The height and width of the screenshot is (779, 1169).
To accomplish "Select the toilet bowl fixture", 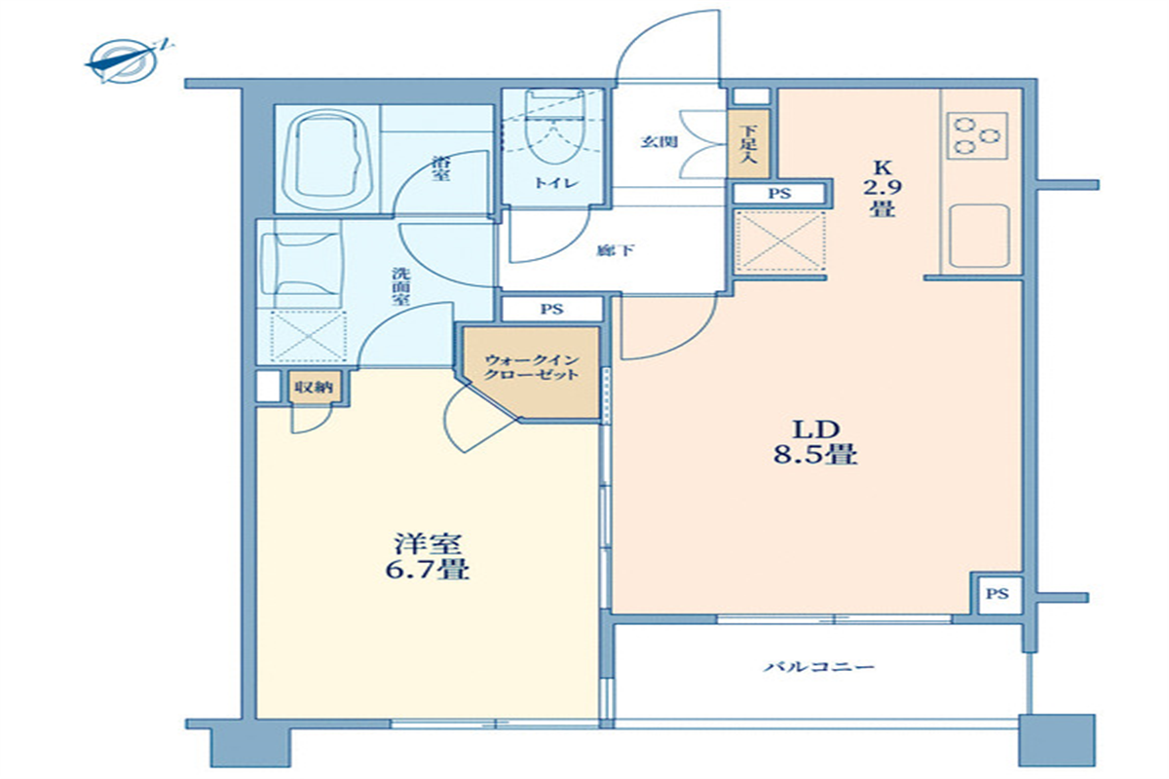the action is click(x=554, y=127).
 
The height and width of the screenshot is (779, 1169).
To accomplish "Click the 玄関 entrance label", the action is click(x=660, y=141).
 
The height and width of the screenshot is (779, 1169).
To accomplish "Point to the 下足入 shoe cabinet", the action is click(x=749, y=143).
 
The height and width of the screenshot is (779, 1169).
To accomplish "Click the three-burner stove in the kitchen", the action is click(x=977, y=135).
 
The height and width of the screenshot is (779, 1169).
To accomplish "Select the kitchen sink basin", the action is click(x=980, y=236).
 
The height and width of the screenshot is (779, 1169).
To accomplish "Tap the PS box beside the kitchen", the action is click(x=779, y=194).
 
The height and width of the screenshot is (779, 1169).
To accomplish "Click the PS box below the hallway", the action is click(x=551, y=309).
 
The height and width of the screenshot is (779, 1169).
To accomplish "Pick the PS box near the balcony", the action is click(x=998, y=594).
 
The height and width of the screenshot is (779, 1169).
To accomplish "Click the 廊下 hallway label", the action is click(x=616, y=251).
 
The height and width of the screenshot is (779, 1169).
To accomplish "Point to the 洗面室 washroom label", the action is click(x=401, y=286).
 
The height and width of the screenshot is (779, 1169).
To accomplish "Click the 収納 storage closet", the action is click(x=315, y=387).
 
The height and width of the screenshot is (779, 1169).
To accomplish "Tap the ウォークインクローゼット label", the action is click(x=531, y=367).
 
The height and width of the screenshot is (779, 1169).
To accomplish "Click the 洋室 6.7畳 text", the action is click(x=428, y=557).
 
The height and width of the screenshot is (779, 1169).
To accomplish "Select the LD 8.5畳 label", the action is click(x=815, y=442).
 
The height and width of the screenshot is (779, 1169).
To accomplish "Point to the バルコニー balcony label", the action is click(x=819, y=666).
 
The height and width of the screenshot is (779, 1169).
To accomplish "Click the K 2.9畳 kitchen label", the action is click(x=882, y=188).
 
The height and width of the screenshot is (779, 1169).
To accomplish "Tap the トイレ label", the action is click(x=556, y=183).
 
